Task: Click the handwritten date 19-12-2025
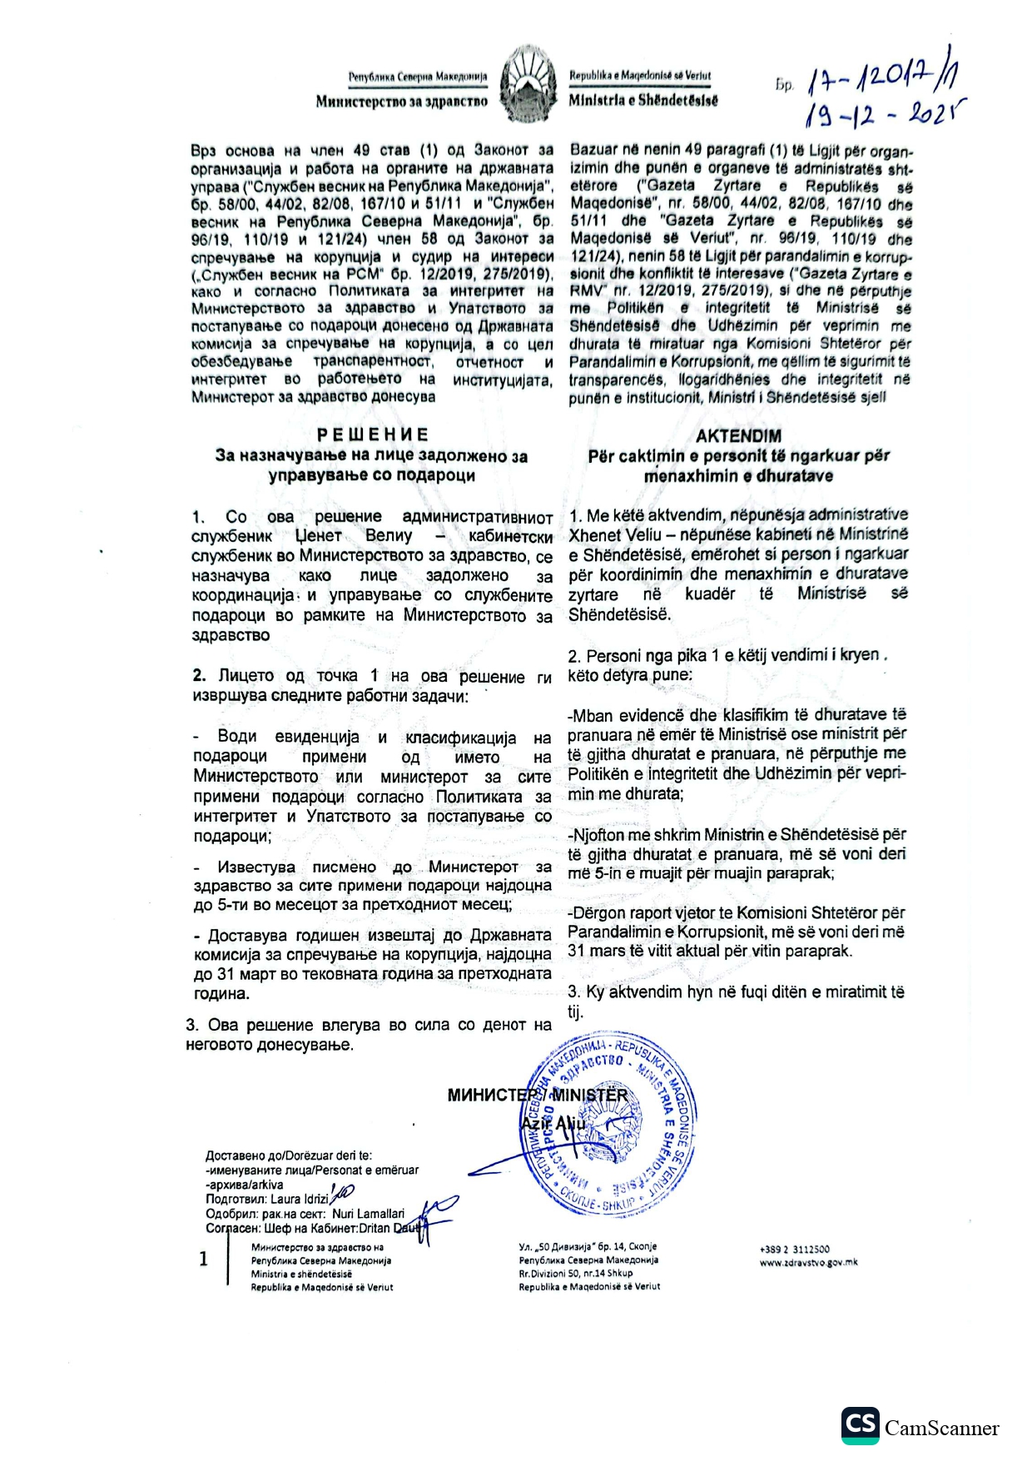(880, 115)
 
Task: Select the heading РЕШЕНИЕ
(373, 435)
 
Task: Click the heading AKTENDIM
(738, 435)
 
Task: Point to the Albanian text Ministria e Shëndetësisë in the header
(643, 101)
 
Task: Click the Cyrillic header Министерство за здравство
(401, 102)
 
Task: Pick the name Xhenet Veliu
(615, 534)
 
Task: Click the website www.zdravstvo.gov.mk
(808, 1262)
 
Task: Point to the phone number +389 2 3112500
(794, 1249)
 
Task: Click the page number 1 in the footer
(203, 1259)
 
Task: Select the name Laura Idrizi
(300, 1200)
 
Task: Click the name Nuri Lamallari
(368, 1214)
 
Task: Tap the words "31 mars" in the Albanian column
(594, 951)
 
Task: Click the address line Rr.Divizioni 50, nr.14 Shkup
(575, 1273)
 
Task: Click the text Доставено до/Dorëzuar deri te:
(289, 1155)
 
